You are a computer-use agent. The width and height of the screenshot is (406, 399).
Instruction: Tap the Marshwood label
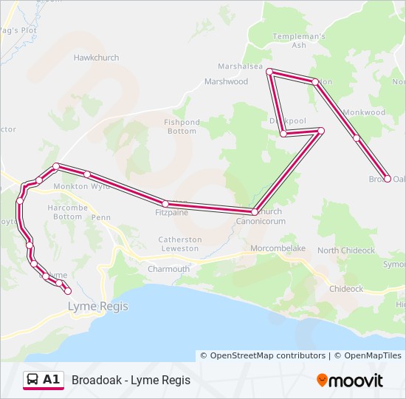[226, 81]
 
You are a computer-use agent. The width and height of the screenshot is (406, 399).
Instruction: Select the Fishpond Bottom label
[182, 126]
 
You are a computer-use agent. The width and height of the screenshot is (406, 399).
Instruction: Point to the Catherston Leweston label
[180, 244]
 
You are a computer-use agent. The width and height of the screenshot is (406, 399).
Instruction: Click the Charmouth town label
[168, 269]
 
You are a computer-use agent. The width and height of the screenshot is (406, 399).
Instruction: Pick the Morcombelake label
[278, 248]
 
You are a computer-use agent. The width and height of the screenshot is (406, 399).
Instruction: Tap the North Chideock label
[346, 250]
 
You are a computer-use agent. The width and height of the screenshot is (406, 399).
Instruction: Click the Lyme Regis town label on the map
[97, 306]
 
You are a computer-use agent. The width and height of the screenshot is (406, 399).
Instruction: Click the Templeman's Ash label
[299, 41]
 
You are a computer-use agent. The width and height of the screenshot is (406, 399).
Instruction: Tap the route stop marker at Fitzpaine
[165, 204]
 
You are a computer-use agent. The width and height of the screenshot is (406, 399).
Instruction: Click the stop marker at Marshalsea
[270, 72]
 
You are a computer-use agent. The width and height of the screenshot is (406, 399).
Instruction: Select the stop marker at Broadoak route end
[388, 179]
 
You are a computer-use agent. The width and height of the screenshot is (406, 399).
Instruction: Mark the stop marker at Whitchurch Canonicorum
[255, 212]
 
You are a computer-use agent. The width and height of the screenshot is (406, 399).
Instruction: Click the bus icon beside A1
[33, 380]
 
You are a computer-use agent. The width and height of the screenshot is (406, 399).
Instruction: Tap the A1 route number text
[52, 380]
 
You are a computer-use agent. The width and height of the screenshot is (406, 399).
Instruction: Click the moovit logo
[350, 381]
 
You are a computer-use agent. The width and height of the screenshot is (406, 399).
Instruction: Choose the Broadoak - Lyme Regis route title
[131, 380]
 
